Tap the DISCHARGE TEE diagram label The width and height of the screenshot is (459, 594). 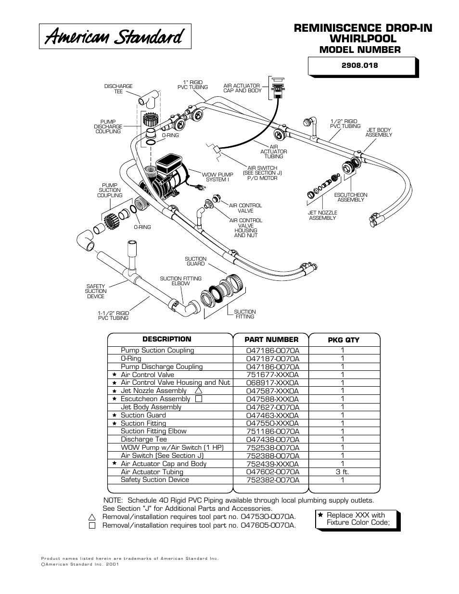point(118,89)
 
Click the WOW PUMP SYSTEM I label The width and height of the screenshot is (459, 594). point(217,177)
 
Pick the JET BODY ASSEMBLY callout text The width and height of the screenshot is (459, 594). point(379,132)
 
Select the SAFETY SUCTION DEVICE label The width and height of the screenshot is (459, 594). point(95,291)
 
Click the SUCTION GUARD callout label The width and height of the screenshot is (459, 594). point(195,261)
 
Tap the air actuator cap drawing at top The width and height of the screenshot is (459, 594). point(278,87)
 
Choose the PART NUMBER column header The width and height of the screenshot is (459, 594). point(272,339)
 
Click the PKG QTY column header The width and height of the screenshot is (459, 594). point(344,340)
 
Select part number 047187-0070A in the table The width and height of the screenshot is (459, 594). point(272,358)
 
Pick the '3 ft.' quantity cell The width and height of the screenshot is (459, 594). point(342,472)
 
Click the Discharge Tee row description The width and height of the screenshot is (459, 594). point(144,439)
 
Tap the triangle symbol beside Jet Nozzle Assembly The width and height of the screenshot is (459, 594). point(198,391)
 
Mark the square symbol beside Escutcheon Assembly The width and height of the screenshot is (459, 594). point(198,399)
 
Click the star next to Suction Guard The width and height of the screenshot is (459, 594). point(115,415)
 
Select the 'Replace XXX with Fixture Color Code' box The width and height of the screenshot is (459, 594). point(357,518)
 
